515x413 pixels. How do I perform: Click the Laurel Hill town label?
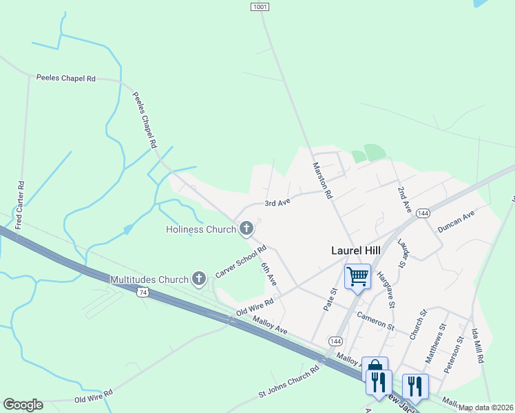[x=353, y=253]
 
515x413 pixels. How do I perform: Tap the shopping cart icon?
[x=357, y=277]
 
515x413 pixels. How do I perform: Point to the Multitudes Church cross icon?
[x=199, y=279]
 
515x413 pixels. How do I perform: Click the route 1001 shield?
[x=259, y=6]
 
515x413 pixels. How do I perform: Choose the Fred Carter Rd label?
[x=20, y=205]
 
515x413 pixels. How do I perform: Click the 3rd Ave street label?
[x=278, y=203]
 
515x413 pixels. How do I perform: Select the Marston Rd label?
[x=323, y=180]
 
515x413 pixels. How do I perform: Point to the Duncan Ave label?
[x=456, y=224]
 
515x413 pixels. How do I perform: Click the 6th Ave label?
[x=269, y=273]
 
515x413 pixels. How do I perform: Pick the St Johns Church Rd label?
[x=289, y=381]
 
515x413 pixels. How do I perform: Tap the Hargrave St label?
[x=386, y=289]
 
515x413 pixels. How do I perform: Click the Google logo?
[x=23, y=405]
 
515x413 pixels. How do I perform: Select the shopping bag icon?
[x=374, y=366]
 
